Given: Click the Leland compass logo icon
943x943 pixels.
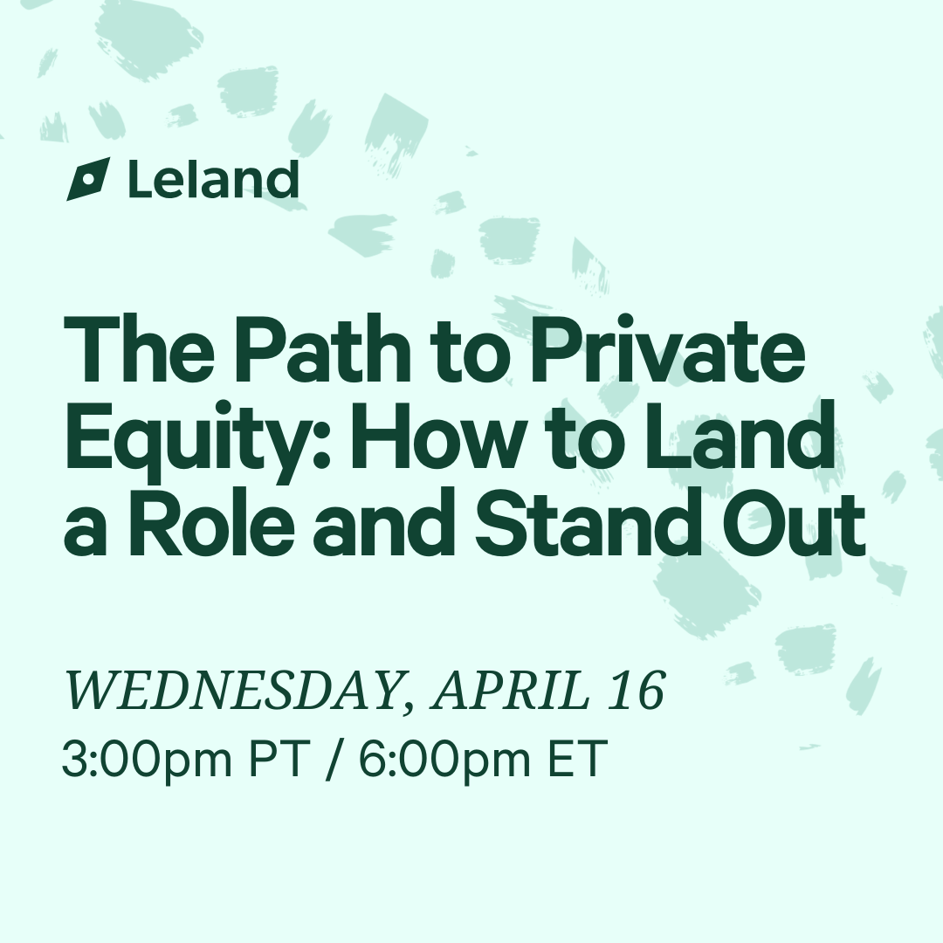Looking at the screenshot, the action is (88, 179).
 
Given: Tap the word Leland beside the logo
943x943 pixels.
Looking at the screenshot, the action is (214, 179).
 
